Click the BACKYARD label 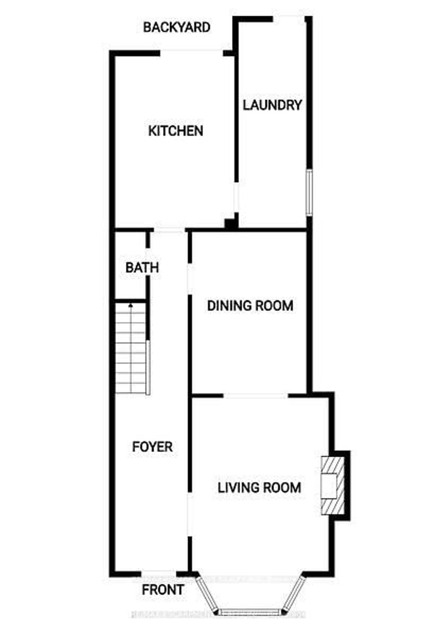[177, 28]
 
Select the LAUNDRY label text [272, 105]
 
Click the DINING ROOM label [250, 306]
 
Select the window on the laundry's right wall [309, 192]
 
